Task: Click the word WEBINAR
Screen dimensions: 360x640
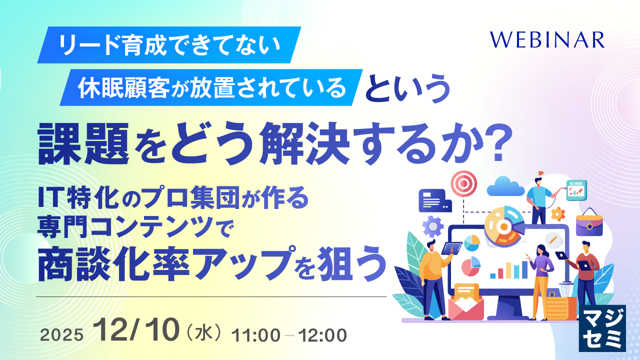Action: pos(547,39)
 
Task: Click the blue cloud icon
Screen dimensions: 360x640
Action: pos(505,186)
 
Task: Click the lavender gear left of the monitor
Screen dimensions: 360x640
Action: pos(432,226)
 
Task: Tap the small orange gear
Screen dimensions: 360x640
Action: pos(557,214)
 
